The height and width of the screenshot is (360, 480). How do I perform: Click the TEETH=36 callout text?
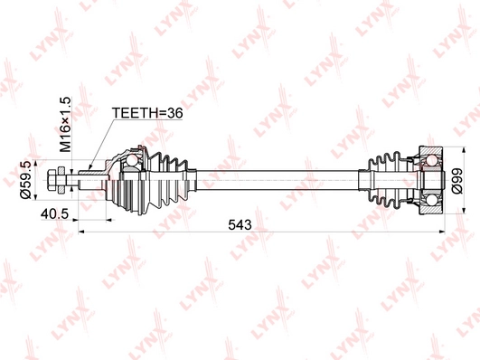coord(147,113)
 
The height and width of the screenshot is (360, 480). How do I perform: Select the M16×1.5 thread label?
coord(65,125)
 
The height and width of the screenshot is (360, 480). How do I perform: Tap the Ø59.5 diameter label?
coord(25,180)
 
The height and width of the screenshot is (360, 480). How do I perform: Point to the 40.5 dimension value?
coord(54,214)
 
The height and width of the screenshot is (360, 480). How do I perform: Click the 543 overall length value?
coord(240,225)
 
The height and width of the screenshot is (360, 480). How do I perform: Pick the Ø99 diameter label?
coord(456,181)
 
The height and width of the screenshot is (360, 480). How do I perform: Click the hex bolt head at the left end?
coord(52,180)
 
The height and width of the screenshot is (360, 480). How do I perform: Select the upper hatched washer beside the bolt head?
coord(61,170)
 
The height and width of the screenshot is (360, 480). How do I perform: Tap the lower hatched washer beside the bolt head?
coord(61,190)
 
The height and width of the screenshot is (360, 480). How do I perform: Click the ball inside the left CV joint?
coord(132,160)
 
